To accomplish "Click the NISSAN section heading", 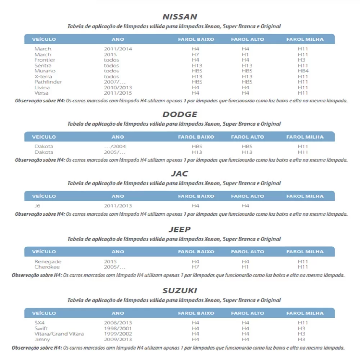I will coord(180,17).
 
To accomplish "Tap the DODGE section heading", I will coord(180,114).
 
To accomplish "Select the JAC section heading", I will coord(180,174).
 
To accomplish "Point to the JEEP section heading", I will coord(180,230).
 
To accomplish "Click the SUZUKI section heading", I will coord(180,291).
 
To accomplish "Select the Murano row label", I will coord(45,71).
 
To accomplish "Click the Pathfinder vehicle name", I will coord(48,82).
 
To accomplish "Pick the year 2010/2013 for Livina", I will coord(118,87).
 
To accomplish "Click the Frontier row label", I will coord(45,60).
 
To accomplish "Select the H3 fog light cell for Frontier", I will coord(301,60).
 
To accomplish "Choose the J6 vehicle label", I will coord(37,206).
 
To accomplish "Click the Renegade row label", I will coord(48,261).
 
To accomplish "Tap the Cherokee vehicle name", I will coord(47,267).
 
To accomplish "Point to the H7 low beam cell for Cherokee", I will coord(195,267).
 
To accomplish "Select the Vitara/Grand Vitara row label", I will coord(59,334).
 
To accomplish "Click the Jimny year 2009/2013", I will coord(118,339).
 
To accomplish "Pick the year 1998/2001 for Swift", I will coord(118,328).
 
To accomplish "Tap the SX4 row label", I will coord(40,323).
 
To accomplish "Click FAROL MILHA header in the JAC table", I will coord(305,196).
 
